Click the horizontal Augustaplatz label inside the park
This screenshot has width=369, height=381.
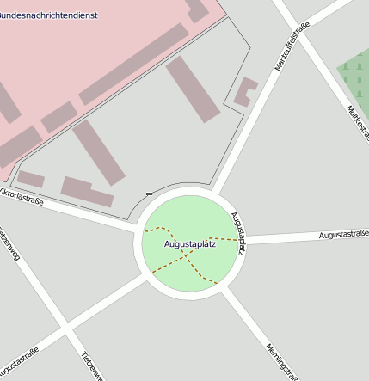(x=190, y=245)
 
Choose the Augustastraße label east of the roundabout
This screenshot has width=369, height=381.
(x=343, y=234)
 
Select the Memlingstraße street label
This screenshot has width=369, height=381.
(x=281, y=359)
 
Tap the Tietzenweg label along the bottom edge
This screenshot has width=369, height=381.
(x=92, y=366)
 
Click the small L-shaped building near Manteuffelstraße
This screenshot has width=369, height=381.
(x=246, y=91)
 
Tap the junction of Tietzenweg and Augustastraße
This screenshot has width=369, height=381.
(x=65, y=329)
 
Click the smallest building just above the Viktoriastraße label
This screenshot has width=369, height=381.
(x=31, y=179)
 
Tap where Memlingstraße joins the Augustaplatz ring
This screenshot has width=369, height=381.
(x=226, y=290)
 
